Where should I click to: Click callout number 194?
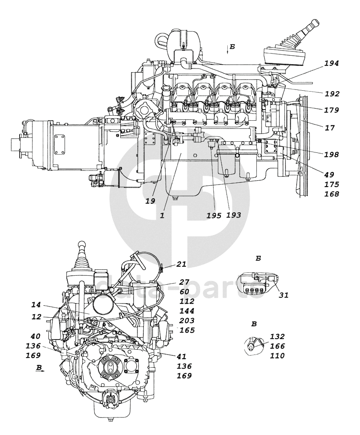point(332,63)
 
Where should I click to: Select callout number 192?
point(332,94)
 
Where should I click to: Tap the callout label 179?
point(332,110)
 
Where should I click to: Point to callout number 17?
point(330,128)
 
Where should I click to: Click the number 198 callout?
point(332,155)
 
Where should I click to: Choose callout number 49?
point(329,175)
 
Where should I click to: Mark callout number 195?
point(214,215)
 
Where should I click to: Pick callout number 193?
point(234,215)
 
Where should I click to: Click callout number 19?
point(150,201)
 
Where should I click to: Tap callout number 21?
point(181,264)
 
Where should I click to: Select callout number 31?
point(284,295)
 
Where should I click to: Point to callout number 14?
point(36,305)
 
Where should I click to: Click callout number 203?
point(187,321)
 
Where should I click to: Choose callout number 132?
point(277,337)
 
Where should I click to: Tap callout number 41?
point(181,357)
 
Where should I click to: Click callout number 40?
point(36,336)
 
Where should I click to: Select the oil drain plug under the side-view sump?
point(174,198)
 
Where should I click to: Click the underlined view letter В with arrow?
point(40,369)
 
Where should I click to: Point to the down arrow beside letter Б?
point(227,49)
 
